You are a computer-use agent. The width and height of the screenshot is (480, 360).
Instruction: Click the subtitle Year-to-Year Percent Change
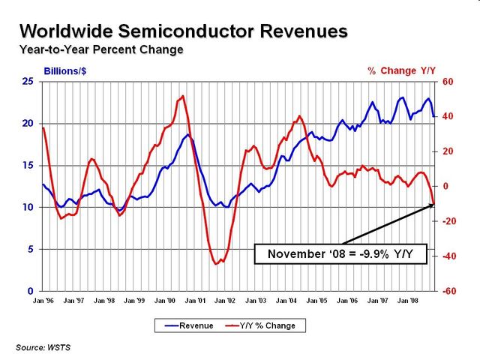101,50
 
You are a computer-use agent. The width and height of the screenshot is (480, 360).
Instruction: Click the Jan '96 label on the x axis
43,301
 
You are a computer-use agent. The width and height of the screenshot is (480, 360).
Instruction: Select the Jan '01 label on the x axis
195,301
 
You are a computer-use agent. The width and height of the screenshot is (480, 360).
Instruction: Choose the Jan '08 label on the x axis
408,301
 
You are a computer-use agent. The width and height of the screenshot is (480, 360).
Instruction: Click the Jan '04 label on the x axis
286,301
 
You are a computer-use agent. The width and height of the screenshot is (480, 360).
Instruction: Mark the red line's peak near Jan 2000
183,96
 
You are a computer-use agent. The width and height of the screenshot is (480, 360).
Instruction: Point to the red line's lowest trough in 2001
216,264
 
